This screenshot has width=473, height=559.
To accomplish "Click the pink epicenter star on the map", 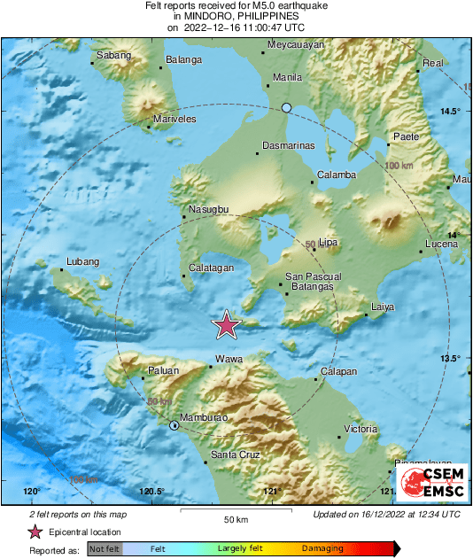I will pyautogui.click(x=228, y=326).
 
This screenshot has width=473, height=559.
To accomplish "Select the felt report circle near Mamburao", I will pyautogui.click(x=174, y=426).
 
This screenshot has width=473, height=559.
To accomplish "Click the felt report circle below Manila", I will pyautogui.click(x=286, y=108).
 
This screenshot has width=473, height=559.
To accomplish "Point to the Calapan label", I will pyautogui.click(x=337, y=371).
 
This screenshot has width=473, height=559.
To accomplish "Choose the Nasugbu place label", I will pyautogui.click(x=209, y=209).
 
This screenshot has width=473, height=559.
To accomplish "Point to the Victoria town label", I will pyautogui.click(x=361, y=429).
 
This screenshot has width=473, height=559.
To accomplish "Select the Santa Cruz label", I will pyautogui.click(x=234, y=455).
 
